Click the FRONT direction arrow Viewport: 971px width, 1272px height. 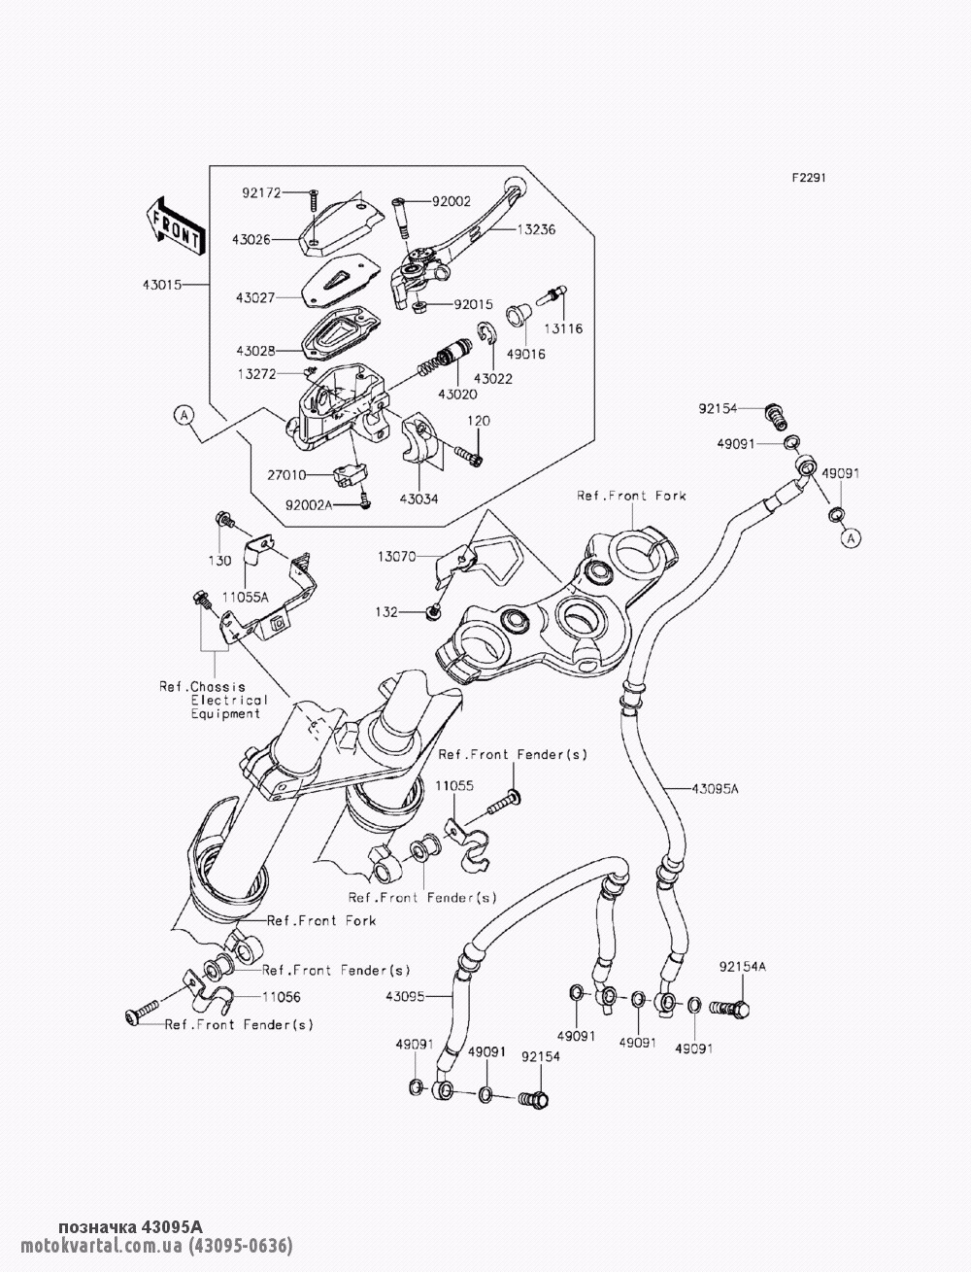[175, 226]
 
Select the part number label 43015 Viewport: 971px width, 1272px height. [162, 285]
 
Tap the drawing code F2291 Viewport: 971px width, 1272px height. [809, 178]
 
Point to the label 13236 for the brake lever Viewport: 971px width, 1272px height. [536, 229]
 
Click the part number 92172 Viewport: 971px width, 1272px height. [262, 192]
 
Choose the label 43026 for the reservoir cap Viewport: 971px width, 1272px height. [251, 239]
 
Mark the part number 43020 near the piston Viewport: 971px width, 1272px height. [457, 395]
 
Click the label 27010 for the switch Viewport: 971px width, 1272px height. [286, 475]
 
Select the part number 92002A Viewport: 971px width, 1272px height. [309, 505]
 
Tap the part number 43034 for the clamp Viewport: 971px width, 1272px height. [419, 498]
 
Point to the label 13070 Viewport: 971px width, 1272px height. [396, 557]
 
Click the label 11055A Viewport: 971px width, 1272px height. [246, 597]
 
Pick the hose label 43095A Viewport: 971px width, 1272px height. [715, 788]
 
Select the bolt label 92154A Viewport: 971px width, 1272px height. [743, 967]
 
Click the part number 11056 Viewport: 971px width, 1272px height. [282, 997]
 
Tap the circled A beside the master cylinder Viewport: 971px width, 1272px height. [184, 415]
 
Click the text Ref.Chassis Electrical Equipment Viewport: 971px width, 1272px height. [214, 700]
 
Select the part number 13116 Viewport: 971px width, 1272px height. [563, 328]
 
